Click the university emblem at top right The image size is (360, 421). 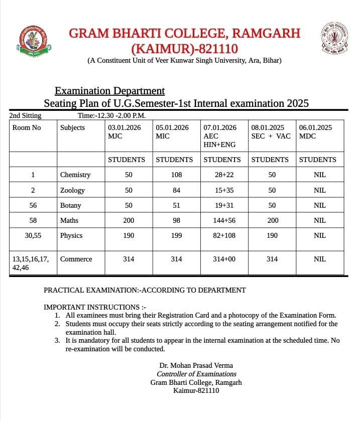[x=334, y=39]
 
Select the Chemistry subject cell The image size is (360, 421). [x=75, y=175]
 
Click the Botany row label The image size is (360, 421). [x=71, y=205]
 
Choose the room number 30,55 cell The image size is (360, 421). [x=33, y=235]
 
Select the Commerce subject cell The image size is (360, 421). [x=76, y=259]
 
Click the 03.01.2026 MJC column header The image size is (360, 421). [x=124, y=131]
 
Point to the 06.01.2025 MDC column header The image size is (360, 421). [x=315, y=131]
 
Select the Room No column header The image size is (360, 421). [x=27, y=127]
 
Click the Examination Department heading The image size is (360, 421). [x=109, y=91]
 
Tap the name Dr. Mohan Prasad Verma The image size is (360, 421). [x=196, y=365]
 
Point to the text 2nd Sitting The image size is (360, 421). [x=26, y=116]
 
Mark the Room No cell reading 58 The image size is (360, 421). [x=33, y=220]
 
